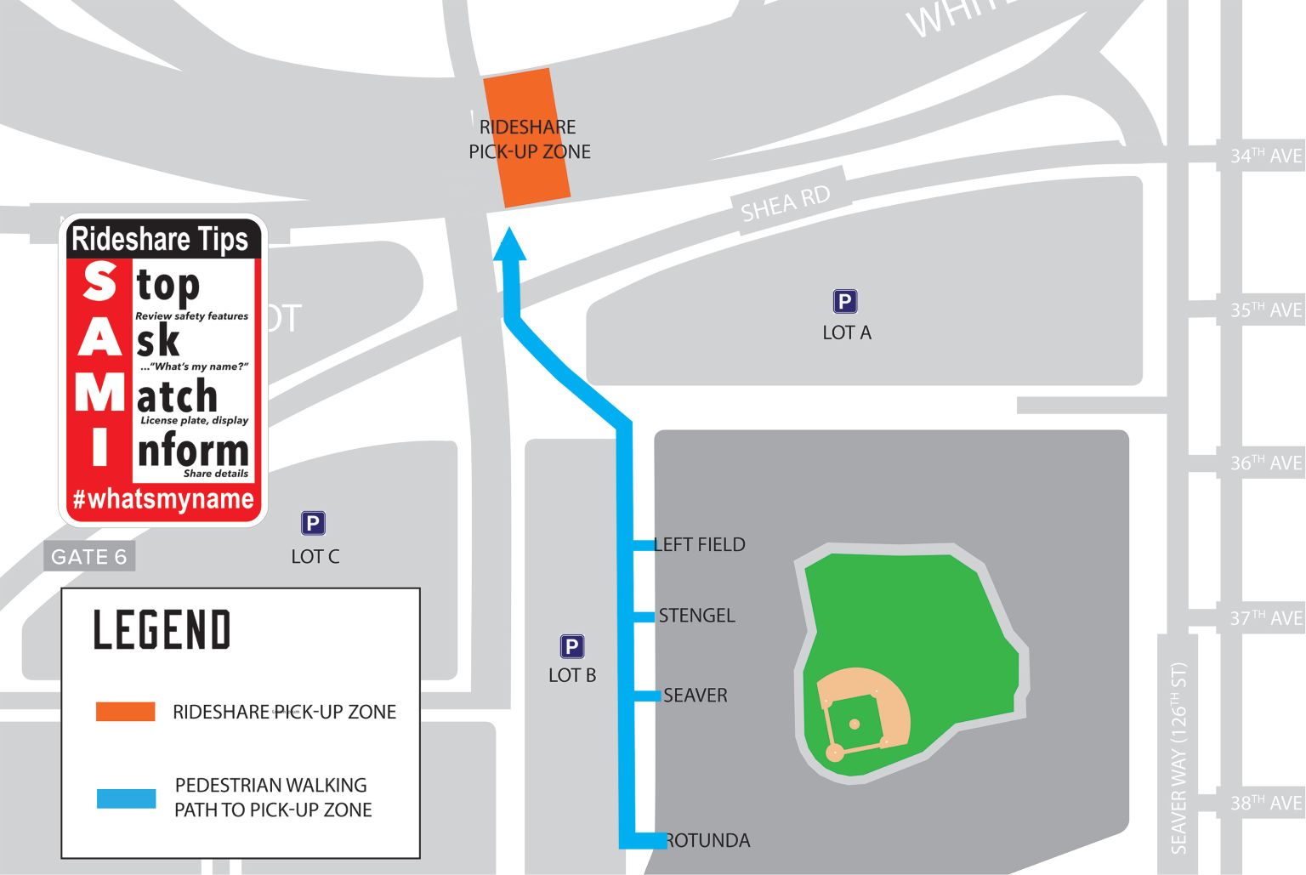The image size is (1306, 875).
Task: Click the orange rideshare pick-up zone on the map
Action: click(x=527, y=138)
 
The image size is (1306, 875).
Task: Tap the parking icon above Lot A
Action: click(x=844, y=302)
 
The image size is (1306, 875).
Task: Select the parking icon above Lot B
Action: click(x=571, y=647)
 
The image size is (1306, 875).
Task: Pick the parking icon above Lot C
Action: click(x=313, y=523)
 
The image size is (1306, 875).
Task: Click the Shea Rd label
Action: click(x=785, y=203)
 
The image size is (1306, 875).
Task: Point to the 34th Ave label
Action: click(x=1265, y=156)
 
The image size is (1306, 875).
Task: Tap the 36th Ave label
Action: click(x=1265, y=463)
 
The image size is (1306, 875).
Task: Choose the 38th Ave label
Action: click(x=1265, y=803)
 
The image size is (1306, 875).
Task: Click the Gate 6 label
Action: click(x=89, y=557)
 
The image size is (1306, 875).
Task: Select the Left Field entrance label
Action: click(x=701, y=544)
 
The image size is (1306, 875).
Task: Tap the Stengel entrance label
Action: click(x=696, y=615)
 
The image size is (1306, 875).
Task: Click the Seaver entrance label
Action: click(x=695, y=695)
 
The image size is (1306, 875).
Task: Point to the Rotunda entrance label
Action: click(x=707, y=840)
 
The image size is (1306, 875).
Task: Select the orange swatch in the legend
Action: click(x=126, y=711)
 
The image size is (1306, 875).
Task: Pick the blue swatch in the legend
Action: click(x=126, y=798)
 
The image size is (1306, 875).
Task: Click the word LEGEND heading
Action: click(x=162, y=630)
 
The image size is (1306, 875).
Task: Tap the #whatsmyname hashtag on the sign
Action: click(x=163, y=498)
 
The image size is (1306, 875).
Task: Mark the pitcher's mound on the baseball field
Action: click(x=855, y=724)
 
